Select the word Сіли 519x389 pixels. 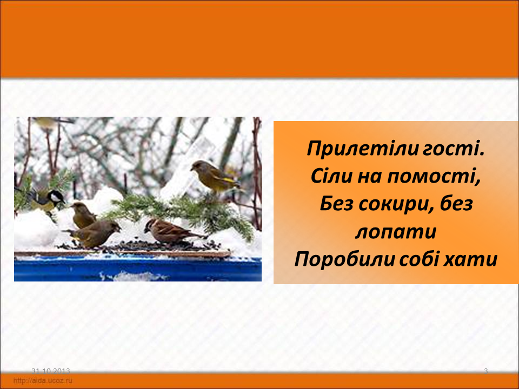click(331, 176)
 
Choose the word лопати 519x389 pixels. click(396, 232)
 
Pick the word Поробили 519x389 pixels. click(344, 259)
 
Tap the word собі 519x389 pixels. click(419, 259)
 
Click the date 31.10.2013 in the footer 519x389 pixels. click(51, 371)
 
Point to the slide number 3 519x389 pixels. click(486, 371)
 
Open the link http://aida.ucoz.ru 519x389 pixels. click(43, 380)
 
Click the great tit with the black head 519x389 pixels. click(45, 199)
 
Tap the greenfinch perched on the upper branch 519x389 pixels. click(215, 177)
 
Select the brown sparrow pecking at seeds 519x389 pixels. click(172, 231)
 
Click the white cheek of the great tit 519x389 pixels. click(55, 198)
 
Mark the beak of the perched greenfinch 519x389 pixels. click(192, 169)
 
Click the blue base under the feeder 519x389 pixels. click(138, 269)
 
